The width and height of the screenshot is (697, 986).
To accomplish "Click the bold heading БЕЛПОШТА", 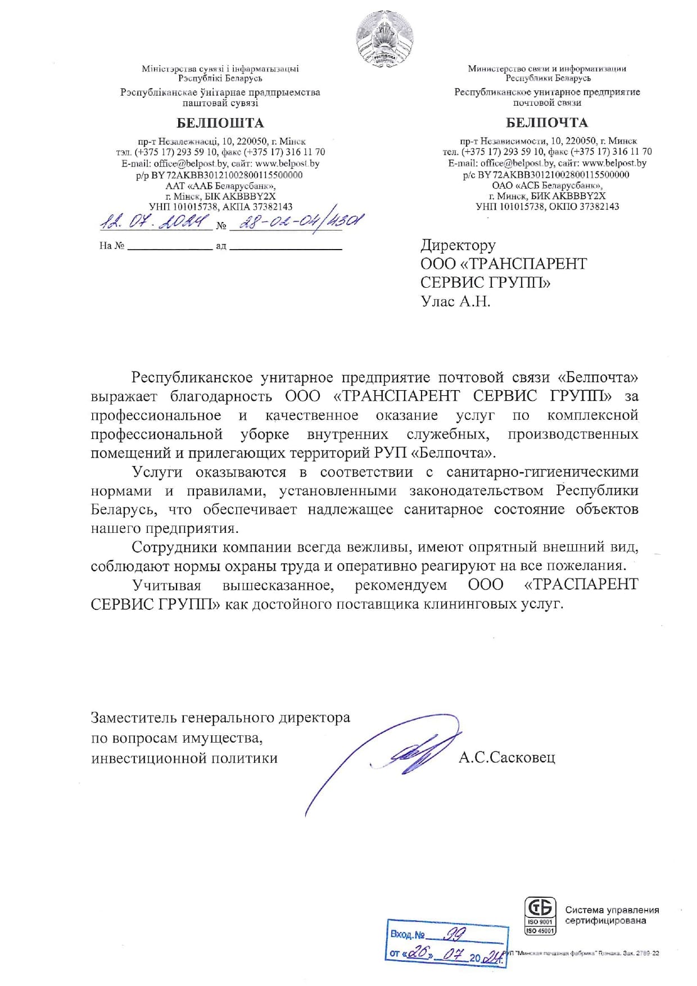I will (220, 123).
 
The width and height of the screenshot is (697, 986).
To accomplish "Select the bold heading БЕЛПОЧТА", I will (547, 123).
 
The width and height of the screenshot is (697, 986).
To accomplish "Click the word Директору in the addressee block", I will (458, 245).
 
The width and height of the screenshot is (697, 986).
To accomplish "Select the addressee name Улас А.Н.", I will (456, 302).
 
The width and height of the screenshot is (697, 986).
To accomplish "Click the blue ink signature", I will (405, 753).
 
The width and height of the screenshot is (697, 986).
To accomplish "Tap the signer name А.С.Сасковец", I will (506, 758).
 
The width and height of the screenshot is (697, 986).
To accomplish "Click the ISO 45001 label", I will (540, 931).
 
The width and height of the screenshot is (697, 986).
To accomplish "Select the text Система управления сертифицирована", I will (612, 915).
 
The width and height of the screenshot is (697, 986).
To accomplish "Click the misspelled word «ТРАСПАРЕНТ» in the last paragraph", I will (581, 585).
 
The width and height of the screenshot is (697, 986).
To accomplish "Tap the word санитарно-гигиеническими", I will (542, 472).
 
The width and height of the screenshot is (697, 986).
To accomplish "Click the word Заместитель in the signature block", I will (133, 718).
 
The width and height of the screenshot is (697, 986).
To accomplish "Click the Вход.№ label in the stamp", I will (408, 935).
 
